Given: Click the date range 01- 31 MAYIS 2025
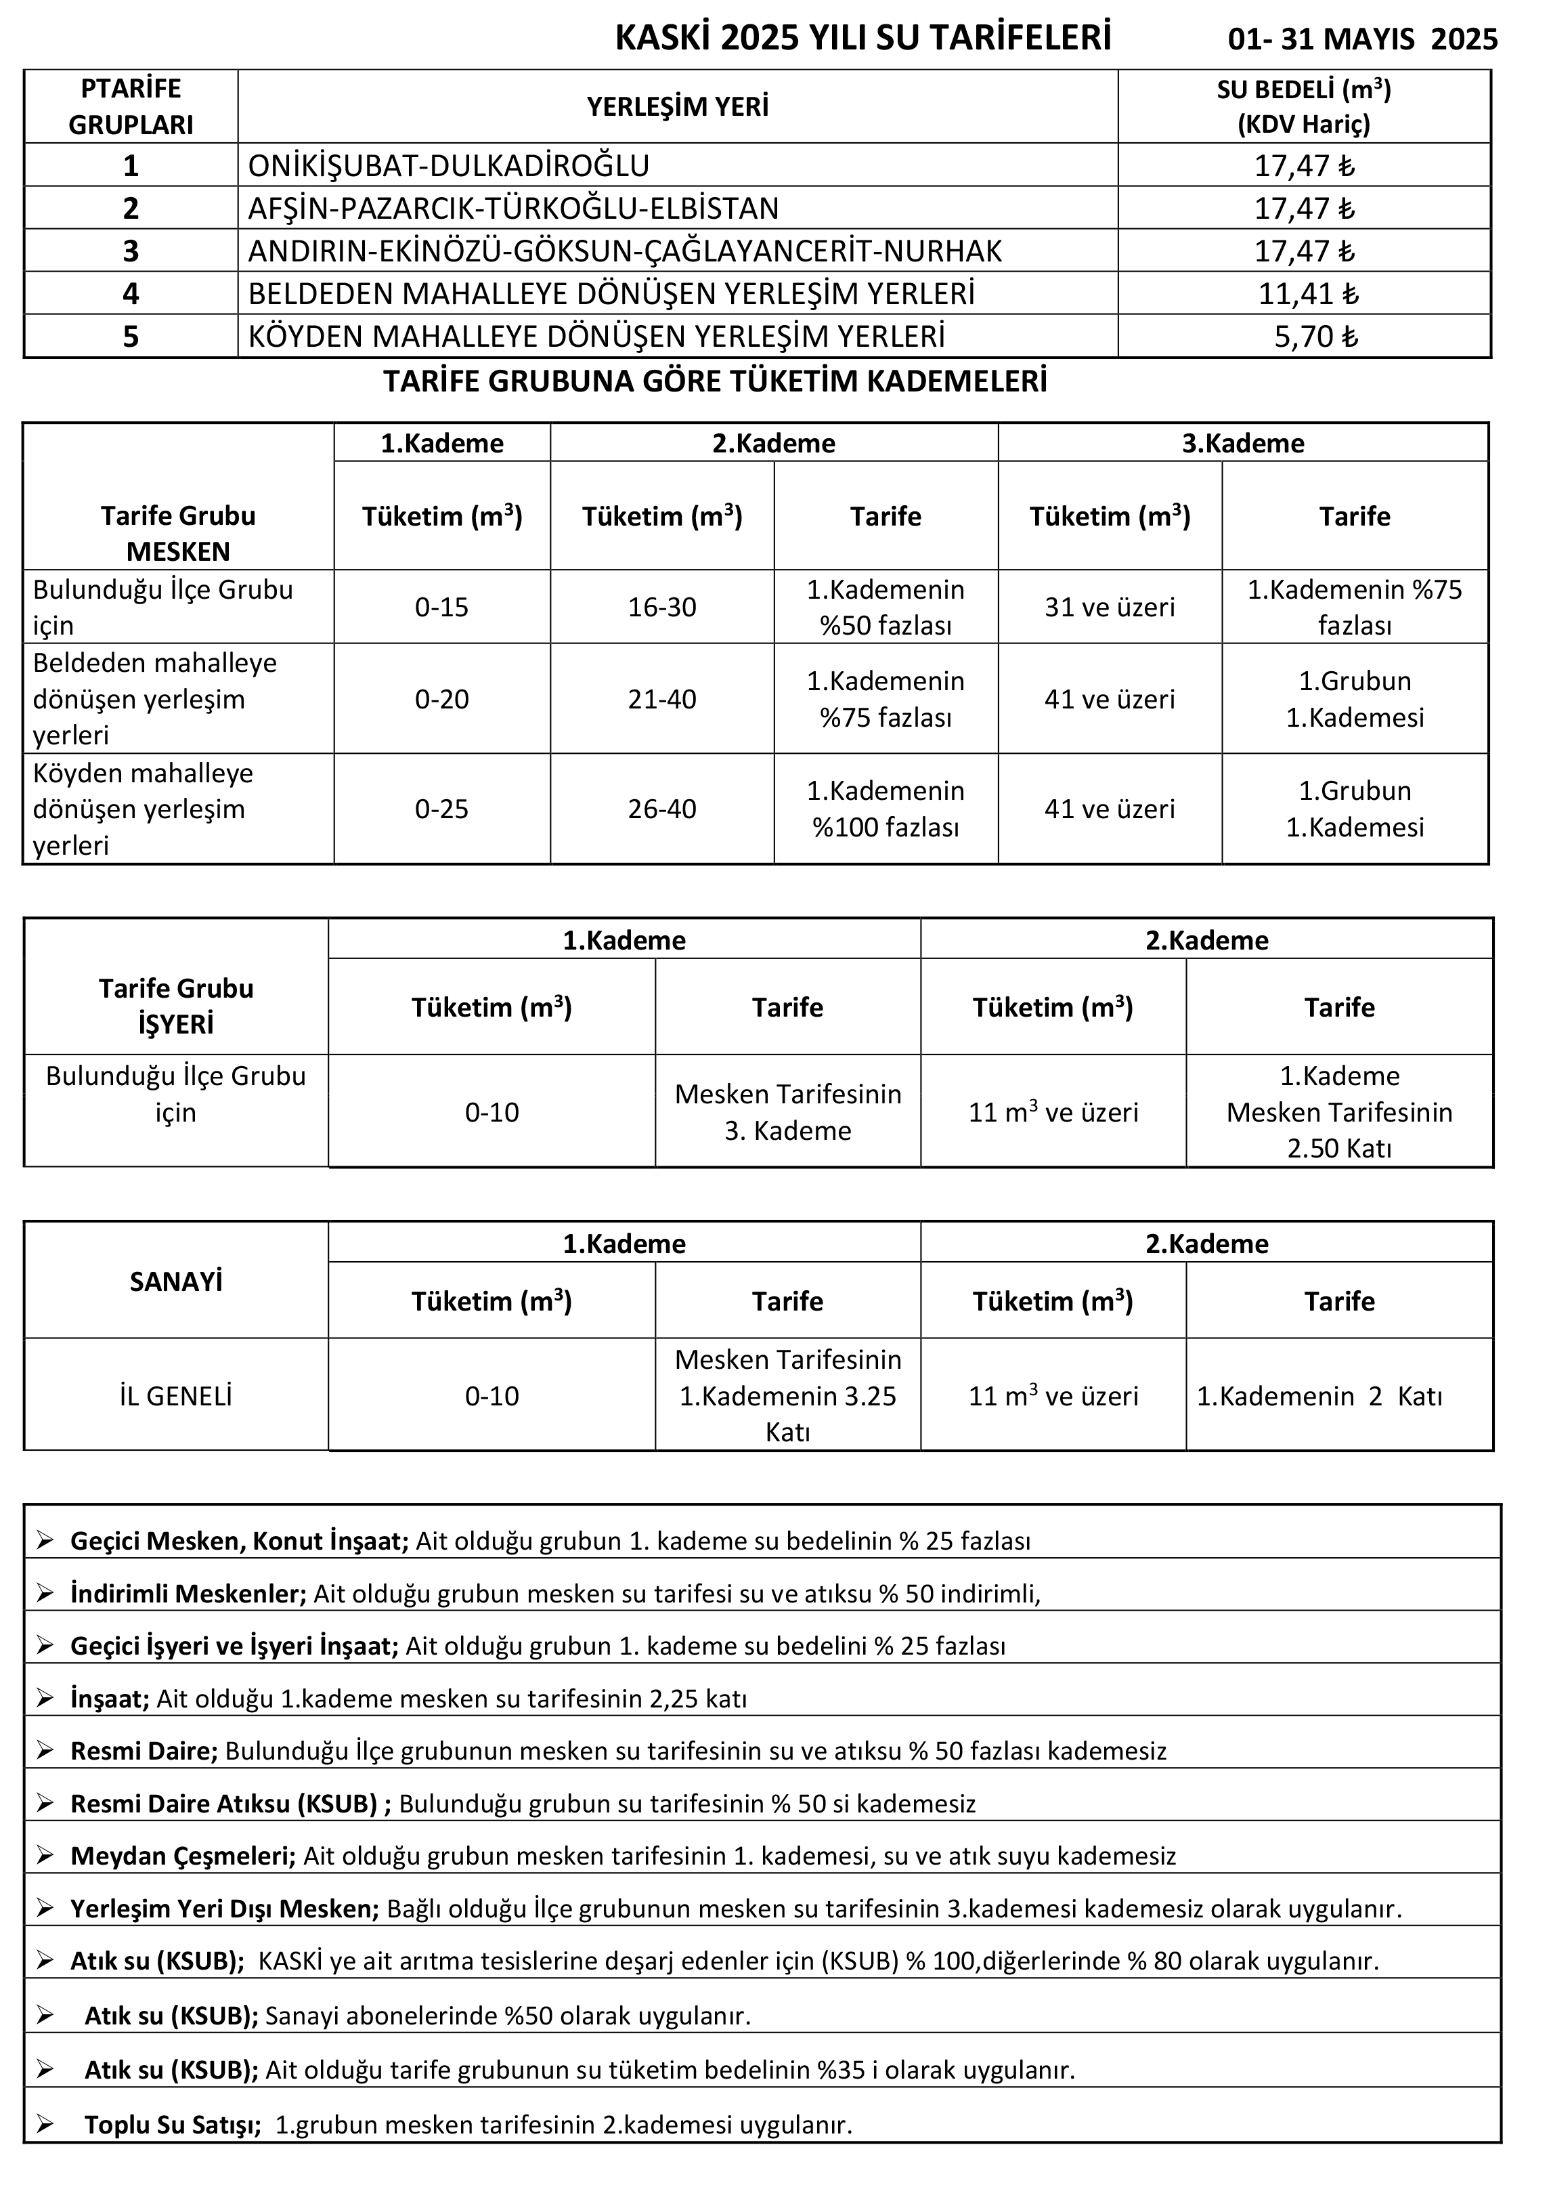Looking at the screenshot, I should (1363, 39).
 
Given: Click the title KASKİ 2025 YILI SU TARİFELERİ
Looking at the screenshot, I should (863, 38).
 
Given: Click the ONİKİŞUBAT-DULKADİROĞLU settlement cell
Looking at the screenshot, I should (449, 166).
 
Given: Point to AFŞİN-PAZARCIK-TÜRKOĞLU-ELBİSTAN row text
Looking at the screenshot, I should (514, 209).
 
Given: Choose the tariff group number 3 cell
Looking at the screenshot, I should (131, 251).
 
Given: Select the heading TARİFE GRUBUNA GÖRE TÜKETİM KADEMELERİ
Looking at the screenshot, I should (716, 381).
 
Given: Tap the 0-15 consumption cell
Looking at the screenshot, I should (442, 608).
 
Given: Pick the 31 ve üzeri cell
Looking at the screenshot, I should (1110, 608).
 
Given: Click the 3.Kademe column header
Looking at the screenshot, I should (1242, 444).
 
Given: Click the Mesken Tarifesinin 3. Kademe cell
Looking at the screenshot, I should (788, 1112).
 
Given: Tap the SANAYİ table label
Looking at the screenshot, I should (176, 1281).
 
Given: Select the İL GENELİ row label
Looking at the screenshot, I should (176, 1396).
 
